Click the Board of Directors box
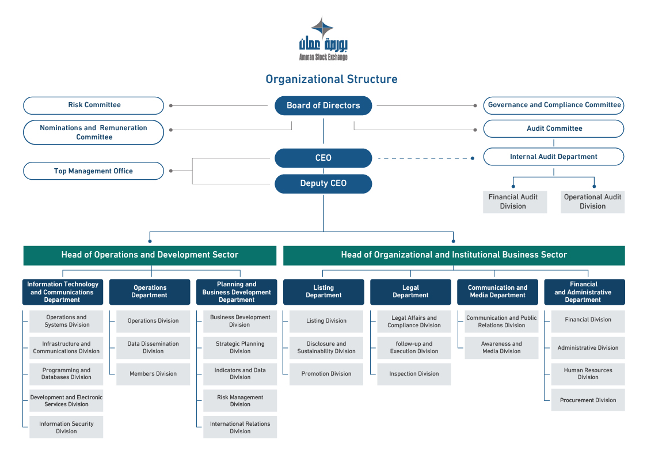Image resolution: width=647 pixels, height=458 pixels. tap(323, 105)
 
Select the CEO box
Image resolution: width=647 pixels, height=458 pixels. tap(323, 158)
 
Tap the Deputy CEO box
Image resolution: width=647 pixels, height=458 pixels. tap(323, 183)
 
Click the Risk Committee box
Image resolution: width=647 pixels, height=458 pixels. tap(94, 105)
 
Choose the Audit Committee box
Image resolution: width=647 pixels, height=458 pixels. tap(553, 128)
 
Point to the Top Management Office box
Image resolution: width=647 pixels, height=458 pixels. tap(94, 171)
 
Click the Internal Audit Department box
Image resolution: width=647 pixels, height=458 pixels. tap(553, 157)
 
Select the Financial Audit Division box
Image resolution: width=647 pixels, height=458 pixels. tap(515, 202)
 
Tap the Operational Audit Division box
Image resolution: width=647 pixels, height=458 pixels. tap(592, 202)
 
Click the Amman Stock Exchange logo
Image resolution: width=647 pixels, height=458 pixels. tap(323, 39)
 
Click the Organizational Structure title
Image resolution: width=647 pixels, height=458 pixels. tap(332, 79)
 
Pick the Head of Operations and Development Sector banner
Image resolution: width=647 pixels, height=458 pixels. tap(150, 255)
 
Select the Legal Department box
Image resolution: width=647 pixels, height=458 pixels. tap(410, 292)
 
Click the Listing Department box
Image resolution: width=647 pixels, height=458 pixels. tap(323, 292)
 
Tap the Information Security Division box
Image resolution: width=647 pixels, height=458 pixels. tap(66, 427)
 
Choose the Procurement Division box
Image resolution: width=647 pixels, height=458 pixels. tap(588, 400)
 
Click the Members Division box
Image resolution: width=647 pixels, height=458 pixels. tap(153, 374)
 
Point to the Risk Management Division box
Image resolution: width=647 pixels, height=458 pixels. tap(240, 400)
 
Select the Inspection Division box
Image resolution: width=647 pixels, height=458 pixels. tap(414, 374)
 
